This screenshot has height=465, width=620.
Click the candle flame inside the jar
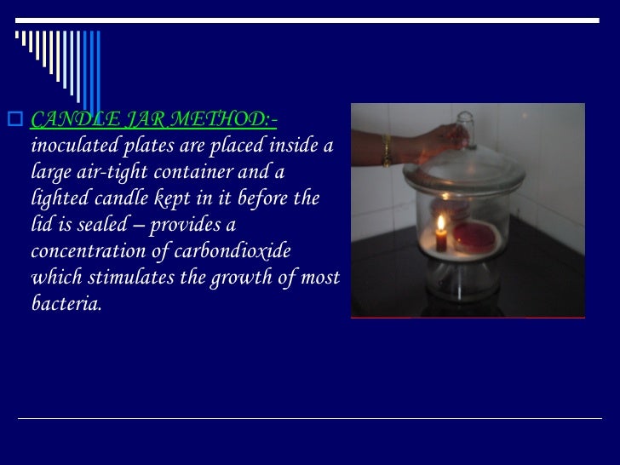pos(441,224)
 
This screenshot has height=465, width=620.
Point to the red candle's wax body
pos(441,241)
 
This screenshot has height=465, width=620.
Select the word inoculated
pos(72,146)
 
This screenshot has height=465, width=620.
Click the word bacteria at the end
pos(65,304)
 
